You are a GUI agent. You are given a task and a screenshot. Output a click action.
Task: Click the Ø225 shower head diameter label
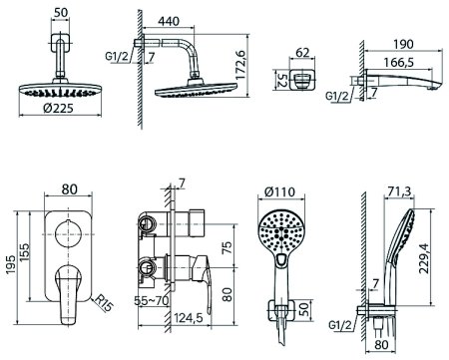pyautogui.click(x=58, y=108)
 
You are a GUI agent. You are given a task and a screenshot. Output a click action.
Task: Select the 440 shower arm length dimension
pyautogui.click(x=169, y=22)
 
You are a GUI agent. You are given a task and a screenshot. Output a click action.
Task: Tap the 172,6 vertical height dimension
pyautogui.click(x=239, y=65)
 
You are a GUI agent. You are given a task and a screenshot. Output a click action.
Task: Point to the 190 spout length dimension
pyautogui.click(x=403, y=44)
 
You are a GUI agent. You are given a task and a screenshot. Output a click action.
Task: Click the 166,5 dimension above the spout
pyautogui.click(x=398, y=62)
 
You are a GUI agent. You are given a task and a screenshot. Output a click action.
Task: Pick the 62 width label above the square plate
pyautogui.click(x=302, y=53)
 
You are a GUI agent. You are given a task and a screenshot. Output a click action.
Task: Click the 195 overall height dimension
pyautogui.click(x=11, y=265)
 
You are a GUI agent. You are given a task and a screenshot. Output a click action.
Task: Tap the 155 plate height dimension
pyautogui.click(x=25, y=252)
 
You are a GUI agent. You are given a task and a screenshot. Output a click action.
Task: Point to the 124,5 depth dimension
pyautogui.click(x=188, y=318)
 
